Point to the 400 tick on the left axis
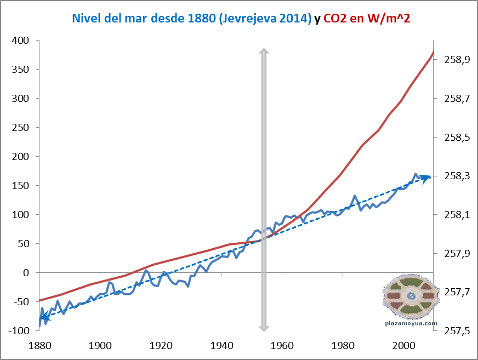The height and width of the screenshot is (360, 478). pos(21,41)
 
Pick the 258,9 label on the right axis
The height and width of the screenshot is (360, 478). pos(452,60)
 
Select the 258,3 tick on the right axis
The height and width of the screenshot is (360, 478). pos(452,176)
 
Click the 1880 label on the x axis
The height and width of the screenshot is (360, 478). pos(39,346)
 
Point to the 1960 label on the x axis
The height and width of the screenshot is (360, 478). pos(282,346)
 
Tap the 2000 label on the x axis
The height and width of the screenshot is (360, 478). pos(403,346)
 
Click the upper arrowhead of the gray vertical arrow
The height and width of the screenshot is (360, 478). pos(264,52)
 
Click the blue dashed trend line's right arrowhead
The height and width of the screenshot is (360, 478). pos(426,177)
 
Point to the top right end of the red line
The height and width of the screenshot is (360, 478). pos(433,52)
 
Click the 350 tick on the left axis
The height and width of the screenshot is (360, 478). pos(21,70)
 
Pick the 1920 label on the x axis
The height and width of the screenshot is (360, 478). pos(161,346)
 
